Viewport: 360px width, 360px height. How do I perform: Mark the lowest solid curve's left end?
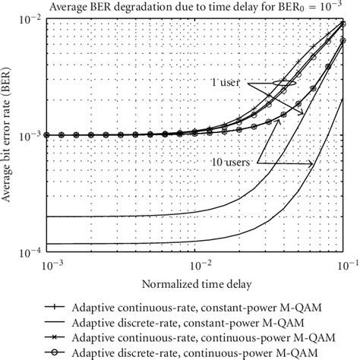point(47,243)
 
